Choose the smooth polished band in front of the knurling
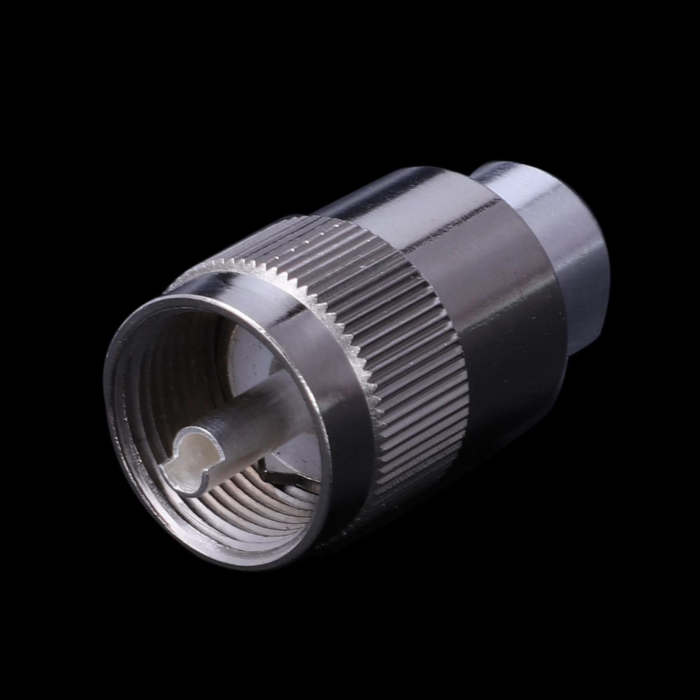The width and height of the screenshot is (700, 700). [334, 395]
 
